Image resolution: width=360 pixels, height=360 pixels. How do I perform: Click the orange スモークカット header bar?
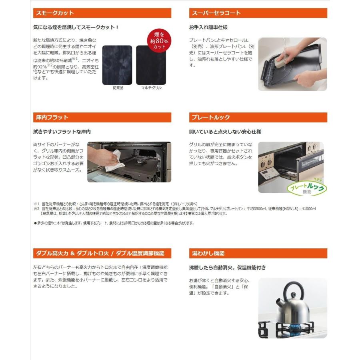102,13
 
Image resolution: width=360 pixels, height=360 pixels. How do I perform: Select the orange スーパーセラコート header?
258,13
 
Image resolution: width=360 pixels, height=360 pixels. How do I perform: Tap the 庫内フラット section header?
102,118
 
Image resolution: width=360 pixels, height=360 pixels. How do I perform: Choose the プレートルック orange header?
258,118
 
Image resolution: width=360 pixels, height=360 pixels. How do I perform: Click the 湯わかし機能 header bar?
258,253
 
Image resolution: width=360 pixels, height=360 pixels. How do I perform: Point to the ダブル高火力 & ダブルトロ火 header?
102,253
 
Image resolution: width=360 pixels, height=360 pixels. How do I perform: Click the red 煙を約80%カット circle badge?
160,41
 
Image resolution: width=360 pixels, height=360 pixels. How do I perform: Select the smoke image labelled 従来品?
117,65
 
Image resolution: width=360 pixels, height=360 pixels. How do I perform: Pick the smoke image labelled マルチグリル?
151,65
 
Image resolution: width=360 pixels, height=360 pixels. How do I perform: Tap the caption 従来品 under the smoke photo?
117,88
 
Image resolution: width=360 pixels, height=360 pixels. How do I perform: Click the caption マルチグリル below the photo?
151,88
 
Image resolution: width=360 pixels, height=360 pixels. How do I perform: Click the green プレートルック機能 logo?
310,188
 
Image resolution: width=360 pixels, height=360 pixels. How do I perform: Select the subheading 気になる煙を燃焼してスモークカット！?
76,28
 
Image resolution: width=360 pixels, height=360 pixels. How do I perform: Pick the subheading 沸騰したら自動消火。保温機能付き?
227,268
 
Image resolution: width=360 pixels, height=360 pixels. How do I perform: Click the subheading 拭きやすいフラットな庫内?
62,132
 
